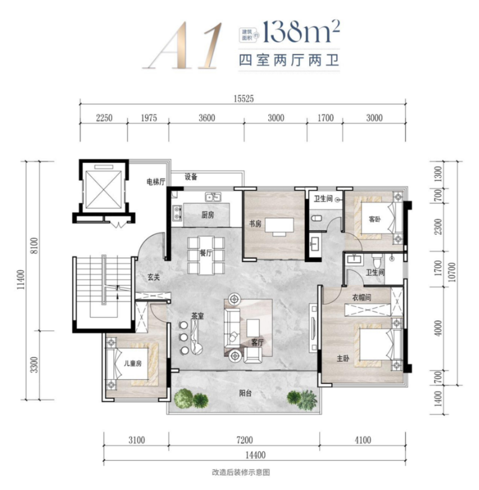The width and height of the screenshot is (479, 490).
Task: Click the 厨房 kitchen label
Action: pyautogui.click(x=208, y=215)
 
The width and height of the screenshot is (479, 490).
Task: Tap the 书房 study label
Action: pyautogui.click(x=255, y=224)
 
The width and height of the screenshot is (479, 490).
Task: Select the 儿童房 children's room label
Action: pyautogui.click(x=133, y=363)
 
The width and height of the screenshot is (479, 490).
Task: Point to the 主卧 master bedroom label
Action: pyautogui.click(x=343, y=358)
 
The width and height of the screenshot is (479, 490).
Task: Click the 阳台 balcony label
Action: pyautogui.click(x=245, y=393)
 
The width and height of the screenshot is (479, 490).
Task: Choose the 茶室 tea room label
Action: pyautogui.click(x=197, y=316)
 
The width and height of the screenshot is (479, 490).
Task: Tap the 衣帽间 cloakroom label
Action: pyautogui.click(x=362, y=297)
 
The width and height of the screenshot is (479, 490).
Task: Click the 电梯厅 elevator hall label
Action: pyautogui.click(x=156, y=182)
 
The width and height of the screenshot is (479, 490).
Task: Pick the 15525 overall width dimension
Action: pyautogui.click(x=244, y=98)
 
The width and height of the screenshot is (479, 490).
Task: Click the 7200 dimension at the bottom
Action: pyautogui.click(x=245, y=440)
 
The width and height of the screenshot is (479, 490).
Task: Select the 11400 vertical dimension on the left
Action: pyautogui.click(x=20, y=279)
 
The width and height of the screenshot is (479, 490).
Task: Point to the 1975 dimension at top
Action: pyautogui.click(x=149, y=118)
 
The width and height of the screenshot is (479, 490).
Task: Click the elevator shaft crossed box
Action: pyautogui.click(x=103, y=190)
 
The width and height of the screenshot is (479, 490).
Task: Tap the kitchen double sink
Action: pyautogui.click(x=213, y=197)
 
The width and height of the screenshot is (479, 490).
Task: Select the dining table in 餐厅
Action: pyautogui.click(x=206, y=256)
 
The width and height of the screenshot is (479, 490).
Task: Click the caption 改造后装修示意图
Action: pyautogui.click(x=241, y=472)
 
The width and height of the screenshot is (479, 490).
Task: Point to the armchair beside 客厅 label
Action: pyautogui.click(x=252, y=356)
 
